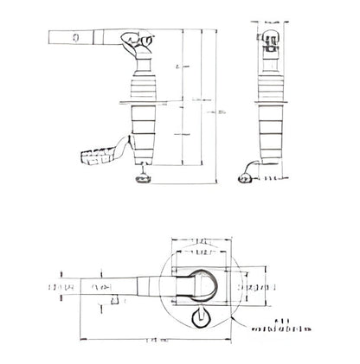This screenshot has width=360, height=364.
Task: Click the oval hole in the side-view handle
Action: (76, 37)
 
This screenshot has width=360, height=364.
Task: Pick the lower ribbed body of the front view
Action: (271, 134)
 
